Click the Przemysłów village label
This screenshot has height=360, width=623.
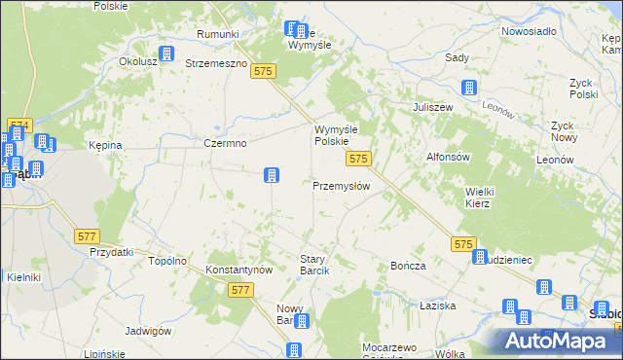pos(340,186)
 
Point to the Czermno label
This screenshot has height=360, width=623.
pos(225,143)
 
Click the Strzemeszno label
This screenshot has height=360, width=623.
pos(216,63)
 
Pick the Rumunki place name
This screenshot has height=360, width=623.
pos(217,35)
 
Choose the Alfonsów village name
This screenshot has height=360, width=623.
pos(448,157)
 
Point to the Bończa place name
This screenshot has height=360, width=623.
pos(409,266)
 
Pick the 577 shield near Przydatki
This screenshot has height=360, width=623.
pos(88,236)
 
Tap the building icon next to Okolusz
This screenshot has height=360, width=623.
pos(166,54)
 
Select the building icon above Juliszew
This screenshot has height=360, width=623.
pos(469,88)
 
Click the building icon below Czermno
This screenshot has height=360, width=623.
pos(272,175)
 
